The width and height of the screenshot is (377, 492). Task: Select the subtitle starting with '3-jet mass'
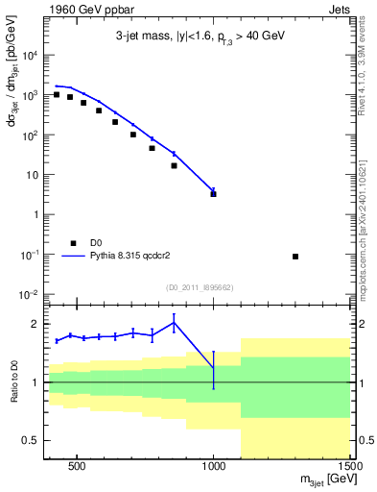tap(195, 36)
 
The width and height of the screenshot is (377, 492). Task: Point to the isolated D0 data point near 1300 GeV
tap(295, 256)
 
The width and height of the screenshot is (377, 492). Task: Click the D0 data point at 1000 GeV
tap(213, 194)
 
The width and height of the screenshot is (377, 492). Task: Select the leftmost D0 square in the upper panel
tap(57, 94)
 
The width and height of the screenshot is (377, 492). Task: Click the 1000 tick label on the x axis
tap(213, 468)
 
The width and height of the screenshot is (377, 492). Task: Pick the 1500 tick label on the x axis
tap(349, 468)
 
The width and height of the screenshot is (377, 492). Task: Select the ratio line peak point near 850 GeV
tap(174, 322)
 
